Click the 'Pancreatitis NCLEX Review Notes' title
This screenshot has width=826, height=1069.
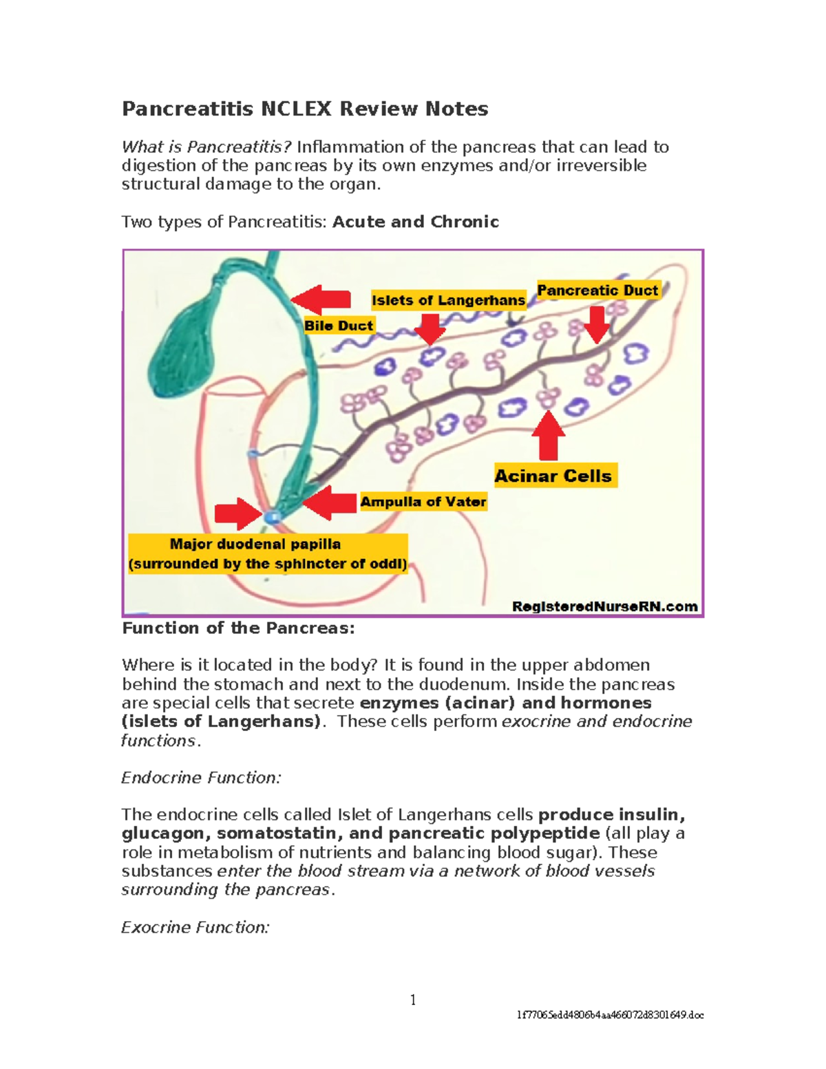coord(305,109)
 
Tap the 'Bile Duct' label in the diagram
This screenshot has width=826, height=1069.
coord(339,326)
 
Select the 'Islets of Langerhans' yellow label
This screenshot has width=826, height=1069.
coord(448,300)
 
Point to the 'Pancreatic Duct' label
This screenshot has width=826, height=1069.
coord(597,290)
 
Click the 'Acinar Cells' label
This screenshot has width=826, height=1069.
coord(553,476)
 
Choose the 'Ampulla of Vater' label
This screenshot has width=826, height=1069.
coord(423,502)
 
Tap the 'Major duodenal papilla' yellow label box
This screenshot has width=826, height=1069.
coord(268,554)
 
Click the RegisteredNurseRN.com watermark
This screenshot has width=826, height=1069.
coord(604,606)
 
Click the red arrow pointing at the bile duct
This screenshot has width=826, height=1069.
coord(321,298)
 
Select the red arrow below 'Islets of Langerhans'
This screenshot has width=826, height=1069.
coord(430,328)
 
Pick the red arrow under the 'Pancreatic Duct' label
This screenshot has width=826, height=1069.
coord(596,324)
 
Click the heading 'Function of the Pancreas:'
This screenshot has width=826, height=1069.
coord(238,628)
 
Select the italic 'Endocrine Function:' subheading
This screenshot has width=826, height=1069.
coord(201,778)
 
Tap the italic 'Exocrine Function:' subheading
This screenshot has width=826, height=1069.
coord(195,927)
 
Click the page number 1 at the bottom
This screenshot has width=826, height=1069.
coord(413,1000)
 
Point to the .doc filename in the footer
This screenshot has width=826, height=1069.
coord(611,1015)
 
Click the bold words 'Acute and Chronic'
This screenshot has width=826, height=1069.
coord(416,222)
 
